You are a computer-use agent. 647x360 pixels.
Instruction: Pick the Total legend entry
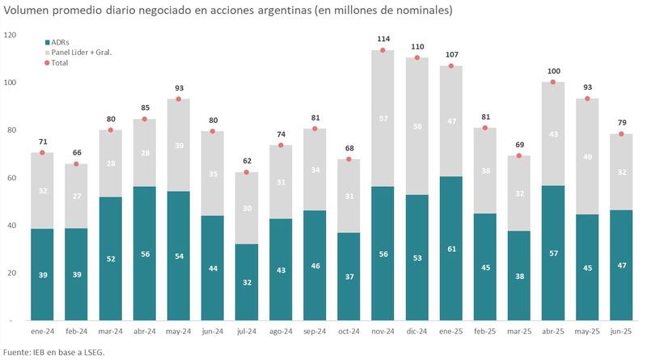[x=61, y=62]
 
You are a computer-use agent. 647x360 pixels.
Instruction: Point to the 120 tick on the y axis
[x=10, y=35]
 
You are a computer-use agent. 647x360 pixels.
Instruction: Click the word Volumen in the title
[x=28, y=11]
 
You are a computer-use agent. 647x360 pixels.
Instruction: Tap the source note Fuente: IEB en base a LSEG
[x=53, y=352]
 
